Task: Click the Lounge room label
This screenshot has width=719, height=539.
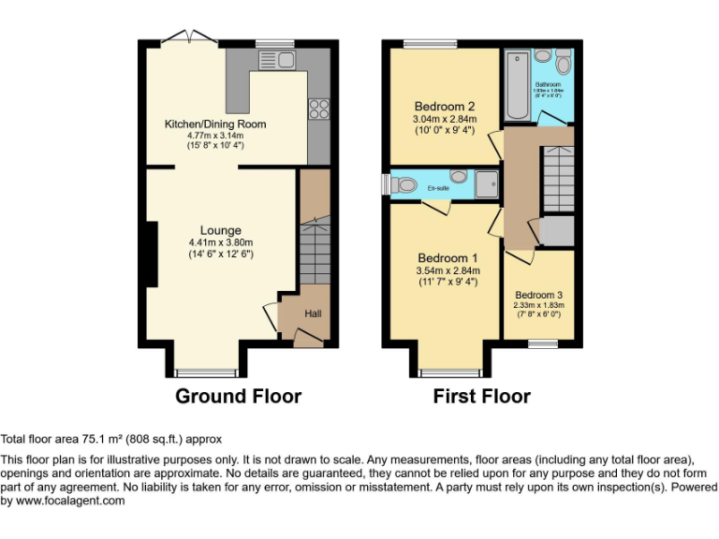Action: pyautogui.click(x=220, y=230)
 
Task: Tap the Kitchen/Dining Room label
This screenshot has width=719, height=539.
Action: pyautogui.click(x=215, y=124)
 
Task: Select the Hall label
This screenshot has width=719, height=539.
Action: pyautogui.click(x=313, y=313)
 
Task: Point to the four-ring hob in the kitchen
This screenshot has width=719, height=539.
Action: pyautogui.click(x=317, y=109)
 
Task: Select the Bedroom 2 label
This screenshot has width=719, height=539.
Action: pyautogui.click(x=445, y=107)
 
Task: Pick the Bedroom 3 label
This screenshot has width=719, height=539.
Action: pyautogui.click(x=537, y=293)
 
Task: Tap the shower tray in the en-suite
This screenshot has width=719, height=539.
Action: pyautogui.click(x=487, y=185)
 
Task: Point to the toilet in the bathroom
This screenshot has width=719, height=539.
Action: pyautogui.click(x=563, y=64)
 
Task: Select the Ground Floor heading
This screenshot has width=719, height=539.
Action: pyautogui.click(x=239, y=397)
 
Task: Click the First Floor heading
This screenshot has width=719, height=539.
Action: pyautogui.click(x=481, y=397)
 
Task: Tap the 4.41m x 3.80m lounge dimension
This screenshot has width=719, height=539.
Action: pyautogui.click(x=220, y=242)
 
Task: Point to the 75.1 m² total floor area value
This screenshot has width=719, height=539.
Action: pyautogui.click(x=95, y=439)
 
